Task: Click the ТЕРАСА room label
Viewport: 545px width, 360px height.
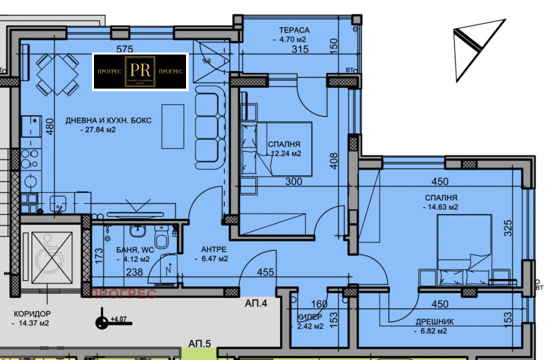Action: (294, 31)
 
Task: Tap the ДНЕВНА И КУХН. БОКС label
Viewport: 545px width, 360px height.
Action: (108, 121)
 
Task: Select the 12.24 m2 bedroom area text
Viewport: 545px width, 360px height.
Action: (285, 153)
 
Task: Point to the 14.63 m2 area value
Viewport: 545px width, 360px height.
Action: (439, 207)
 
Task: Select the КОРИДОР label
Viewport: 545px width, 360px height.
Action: (33, 314)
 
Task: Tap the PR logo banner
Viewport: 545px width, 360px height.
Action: (140, 72)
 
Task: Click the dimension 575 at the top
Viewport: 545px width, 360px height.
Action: (124, 49)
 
